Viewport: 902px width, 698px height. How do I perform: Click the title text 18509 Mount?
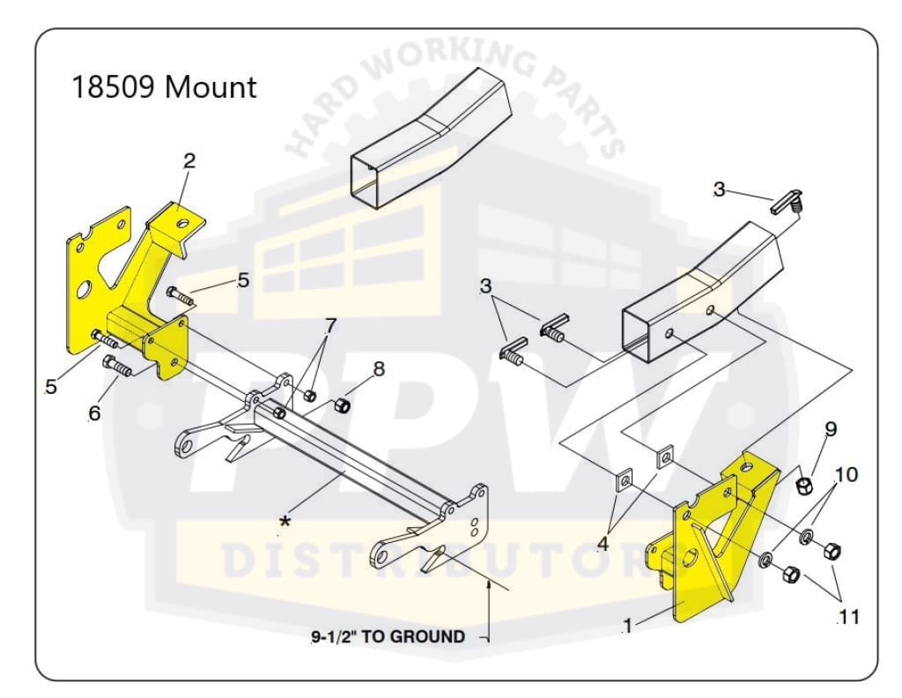coord(164,88)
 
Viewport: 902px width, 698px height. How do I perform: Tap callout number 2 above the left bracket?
coord(189,161)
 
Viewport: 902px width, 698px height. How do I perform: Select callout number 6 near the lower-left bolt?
coord(94,412)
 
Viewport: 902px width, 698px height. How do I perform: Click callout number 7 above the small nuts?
coord(329,326)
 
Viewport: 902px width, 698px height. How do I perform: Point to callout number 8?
coord(379,369)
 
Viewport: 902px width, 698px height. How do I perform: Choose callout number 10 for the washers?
coord(846,475)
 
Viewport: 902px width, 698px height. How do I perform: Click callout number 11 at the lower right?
coord(848,617)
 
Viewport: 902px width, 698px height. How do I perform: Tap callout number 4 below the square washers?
coord(603,544)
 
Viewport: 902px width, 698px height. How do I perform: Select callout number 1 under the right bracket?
coord(627,627)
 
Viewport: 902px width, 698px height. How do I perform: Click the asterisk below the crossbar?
coord(285,523)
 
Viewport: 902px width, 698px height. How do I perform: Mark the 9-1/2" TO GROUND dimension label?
coord(388,636)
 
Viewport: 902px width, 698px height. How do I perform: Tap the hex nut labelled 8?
coord(342,405)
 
